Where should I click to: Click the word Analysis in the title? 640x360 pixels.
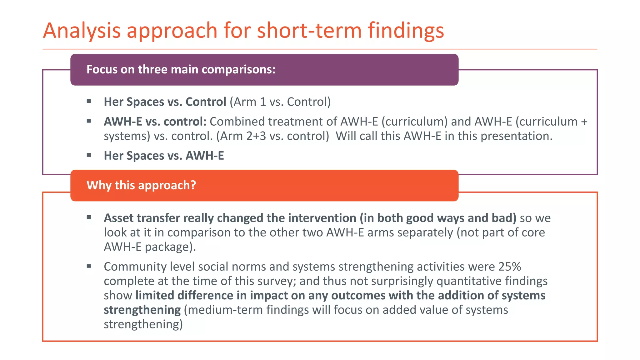[x=82, y=31]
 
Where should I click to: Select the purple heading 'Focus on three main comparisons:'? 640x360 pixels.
[x=181, y=69]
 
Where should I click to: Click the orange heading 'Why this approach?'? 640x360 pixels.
[x=141, y=185]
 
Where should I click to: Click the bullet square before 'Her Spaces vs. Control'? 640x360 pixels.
[x=89, y=101]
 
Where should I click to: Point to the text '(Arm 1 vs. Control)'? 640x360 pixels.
[x=280, y=102]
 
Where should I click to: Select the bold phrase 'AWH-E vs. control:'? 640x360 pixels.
[x=155, y=122]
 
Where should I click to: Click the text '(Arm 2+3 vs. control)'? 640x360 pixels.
[x=272, y=136]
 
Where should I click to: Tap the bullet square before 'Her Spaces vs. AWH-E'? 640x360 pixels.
[x=89, y=155]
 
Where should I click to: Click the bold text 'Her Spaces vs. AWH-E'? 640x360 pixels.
[x=164, y=156]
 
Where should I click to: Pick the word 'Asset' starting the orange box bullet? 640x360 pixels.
[x=118, y=218]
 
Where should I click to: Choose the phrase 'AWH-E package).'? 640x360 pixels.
[x=150, y=247]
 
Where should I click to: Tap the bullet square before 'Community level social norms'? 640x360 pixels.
[x=89, y=266]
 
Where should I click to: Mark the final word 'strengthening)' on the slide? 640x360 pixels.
[x=143, y=324]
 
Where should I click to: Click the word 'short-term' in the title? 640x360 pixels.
[x=309, y=31]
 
